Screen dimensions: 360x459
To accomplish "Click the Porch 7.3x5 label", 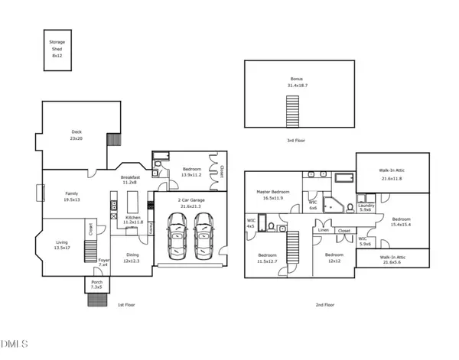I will click(96, 285).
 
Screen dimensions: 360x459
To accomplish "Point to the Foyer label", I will click(103, 262).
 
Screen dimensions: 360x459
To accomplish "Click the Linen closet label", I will click(324, 230).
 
